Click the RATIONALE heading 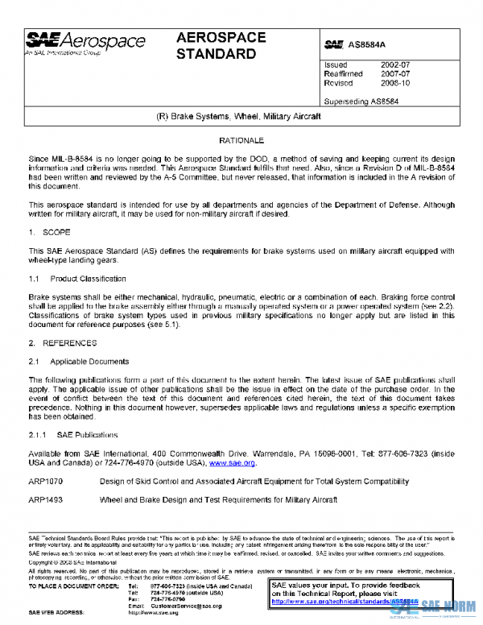[x=242, y=140]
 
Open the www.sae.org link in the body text [x=232, y=463]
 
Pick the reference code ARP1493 [x=46, y=500]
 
